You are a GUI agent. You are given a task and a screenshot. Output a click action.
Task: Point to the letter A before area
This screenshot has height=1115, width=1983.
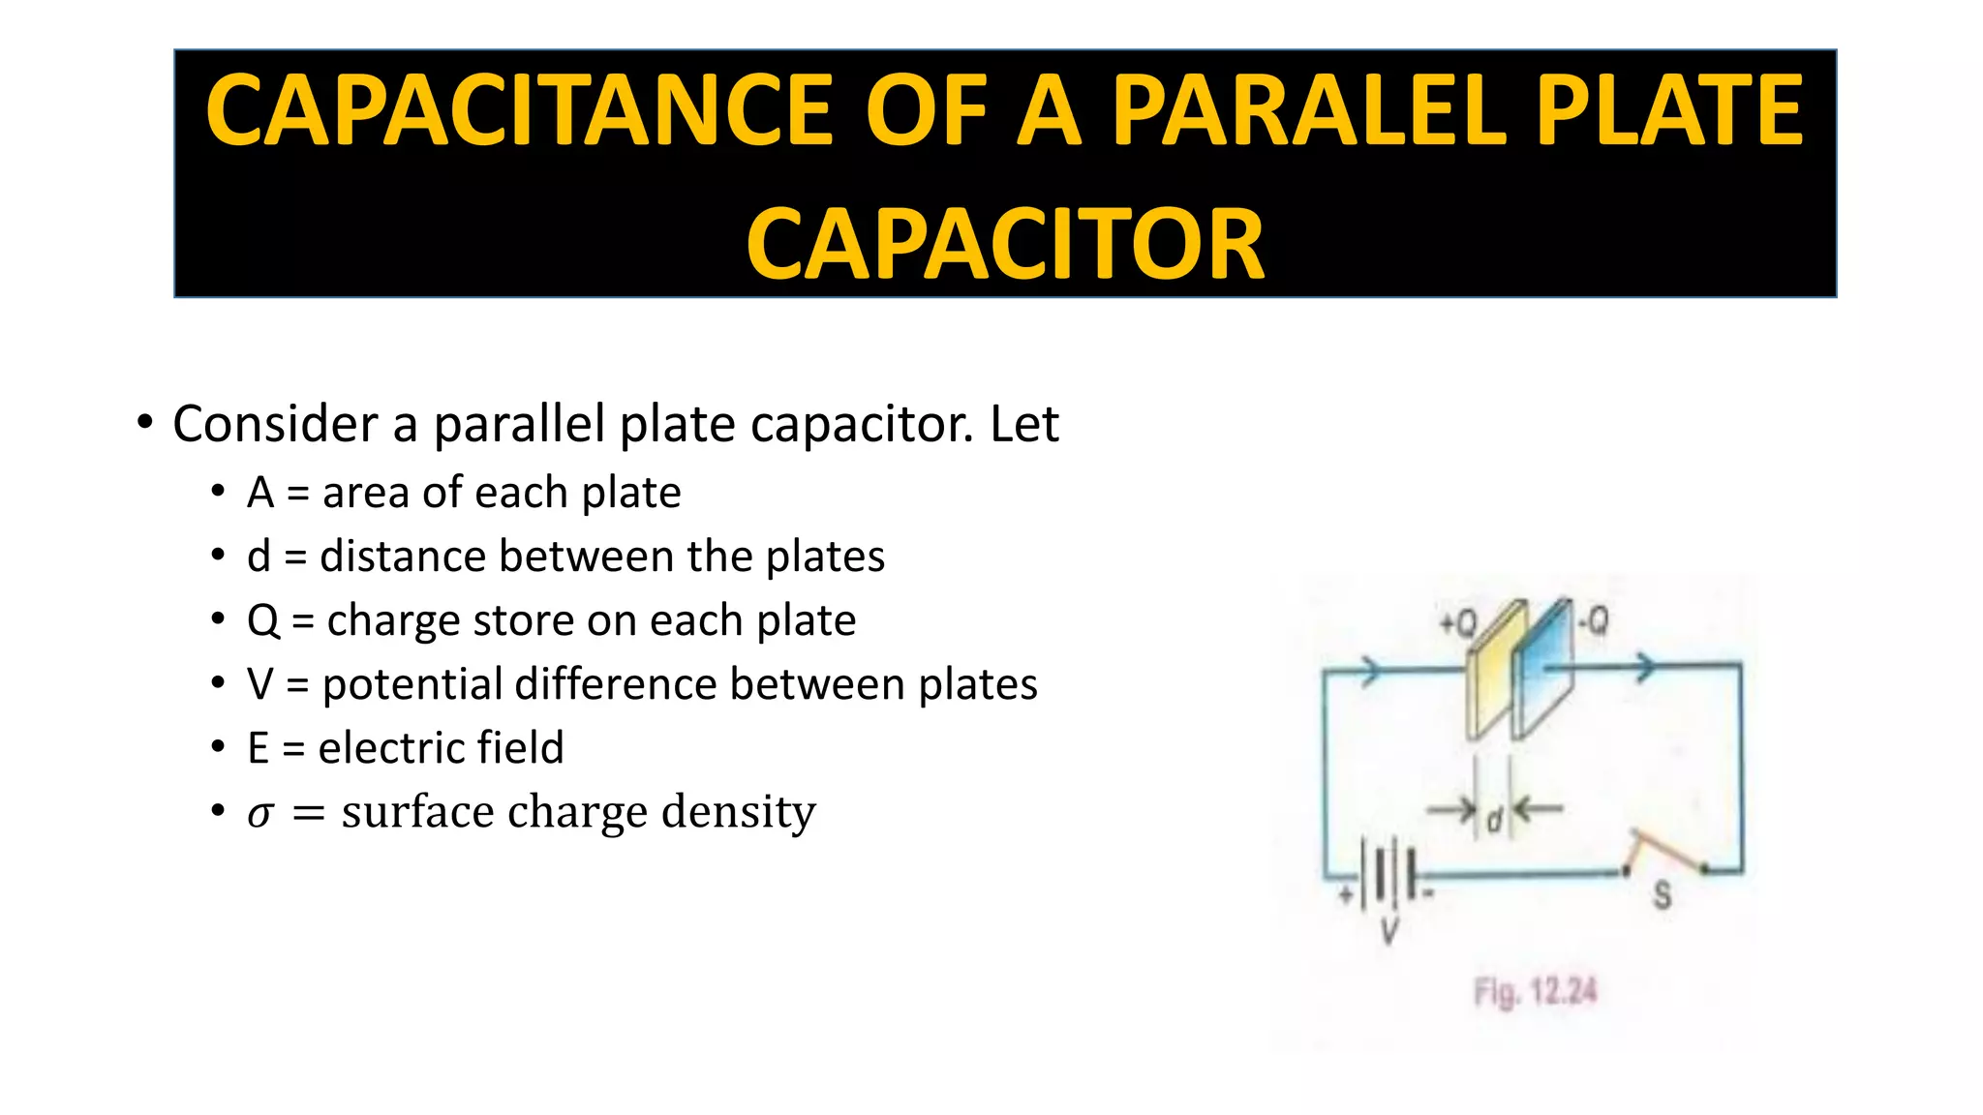click(x=259, y=493)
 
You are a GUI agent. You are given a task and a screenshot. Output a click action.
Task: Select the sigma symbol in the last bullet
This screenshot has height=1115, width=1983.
click(x=259, y=813)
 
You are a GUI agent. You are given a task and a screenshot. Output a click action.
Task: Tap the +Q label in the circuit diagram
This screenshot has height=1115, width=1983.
click(x=1457, y=623)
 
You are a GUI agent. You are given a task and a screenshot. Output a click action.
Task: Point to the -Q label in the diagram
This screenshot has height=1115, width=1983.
click(x=1593, y=619)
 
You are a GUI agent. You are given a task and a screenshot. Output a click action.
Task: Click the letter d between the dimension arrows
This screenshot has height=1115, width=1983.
click(x=1494, y=821)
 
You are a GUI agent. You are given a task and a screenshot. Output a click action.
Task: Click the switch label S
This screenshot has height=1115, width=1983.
click(x=1662, y=895)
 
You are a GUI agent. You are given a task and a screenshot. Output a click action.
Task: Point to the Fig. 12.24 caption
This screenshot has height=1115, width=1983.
click(x=1535, y=992)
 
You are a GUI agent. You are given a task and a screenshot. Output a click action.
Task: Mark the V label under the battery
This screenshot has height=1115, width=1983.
click(x=1389, y=931)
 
